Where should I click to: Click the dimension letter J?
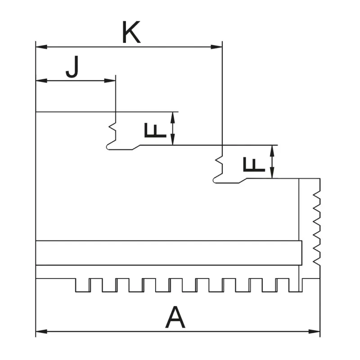pos(72,68)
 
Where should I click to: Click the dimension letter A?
pos(175,317)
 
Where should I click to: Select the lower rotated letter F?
pos(252,164)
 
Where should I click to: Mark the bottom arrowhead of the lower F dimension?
pos(272,175)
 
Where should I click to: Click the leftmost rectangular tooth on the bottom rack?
pos(82,285)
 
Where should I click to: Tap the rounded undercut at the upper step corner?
pos(108,148)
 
